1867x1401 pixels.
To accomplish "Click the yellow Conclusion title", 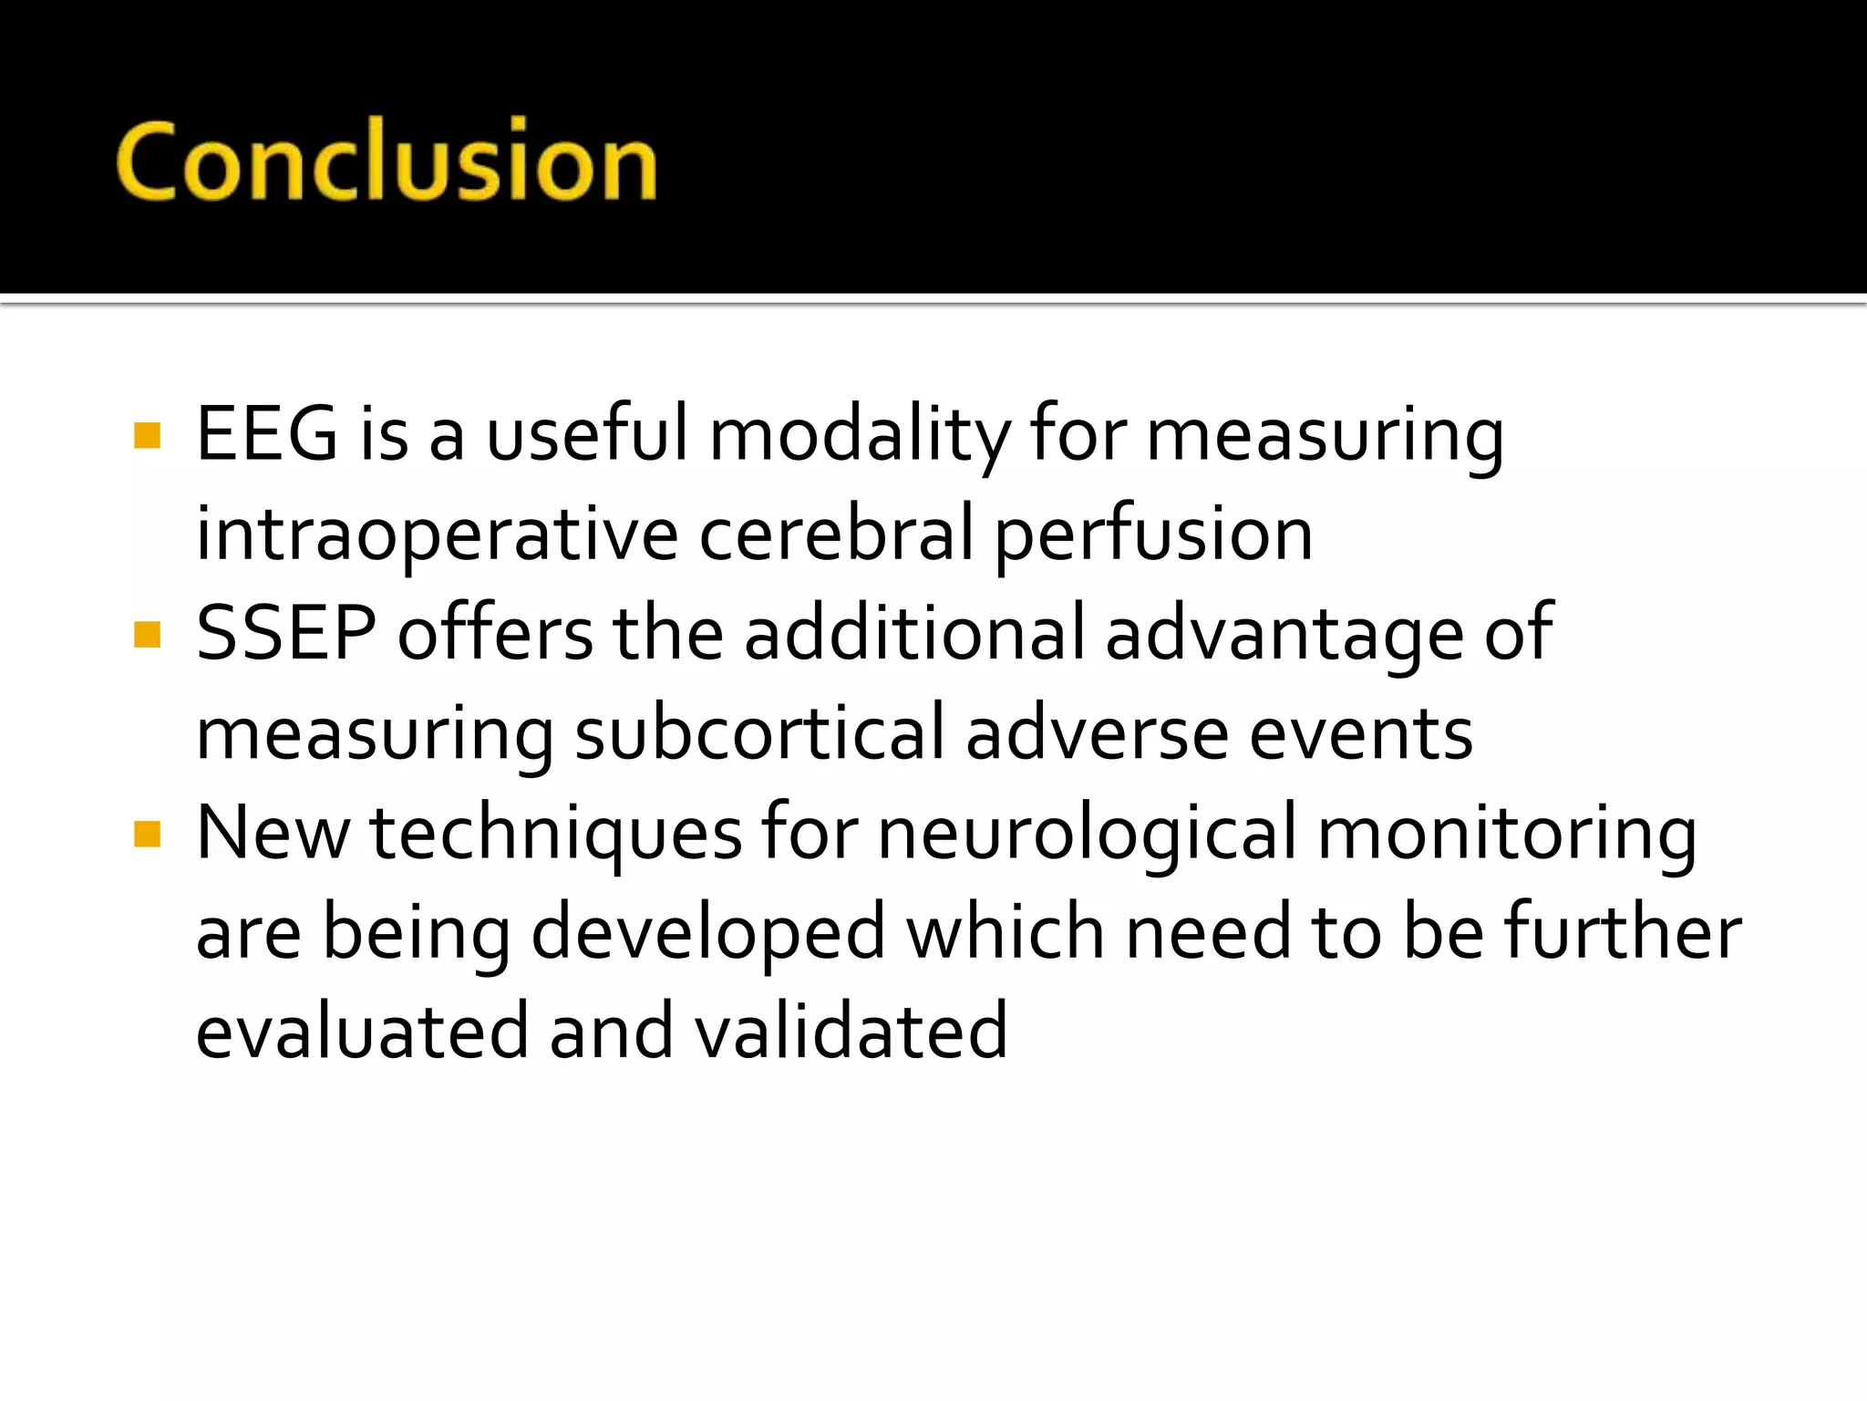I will pyautogui.click(x=387, y=161).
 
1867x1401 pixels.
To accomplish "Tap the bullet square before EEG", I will pyautogui.click(x=147, y=436).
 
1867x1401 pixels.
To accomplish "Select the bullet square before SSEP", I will pyautogui.click(x=147, y=634).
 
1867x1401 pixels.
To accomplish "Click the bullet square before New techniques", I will pyautogui.click(x=147, y=834).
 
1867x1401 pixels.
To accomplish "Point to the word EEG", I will pyautogui.click(x=267, y=434).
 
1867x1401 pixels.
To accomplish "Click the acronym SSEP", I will pyautogui.click(x=286, y=633).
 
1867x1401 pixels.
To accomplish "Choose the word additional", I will pyautogui.click(x=914, y=633).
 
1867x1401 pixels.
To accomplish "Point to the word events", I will pyautogui.click(x=1360, y=733).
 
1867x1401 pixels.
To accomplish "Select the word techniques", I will pyautogui.click(x=556, y=834).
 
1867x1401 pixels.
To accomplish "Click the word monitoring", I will pyautogui.click(x=1507, y=834).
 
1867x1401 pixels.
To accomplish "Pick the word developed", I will pyautogui.click(x=708, y=933).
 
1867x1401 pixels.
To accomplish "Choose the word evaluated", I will pyautogui.click(x=362, y=1031).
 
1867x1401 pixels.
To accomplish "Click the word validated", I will pyautogui.click(x=851, y=1031).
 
